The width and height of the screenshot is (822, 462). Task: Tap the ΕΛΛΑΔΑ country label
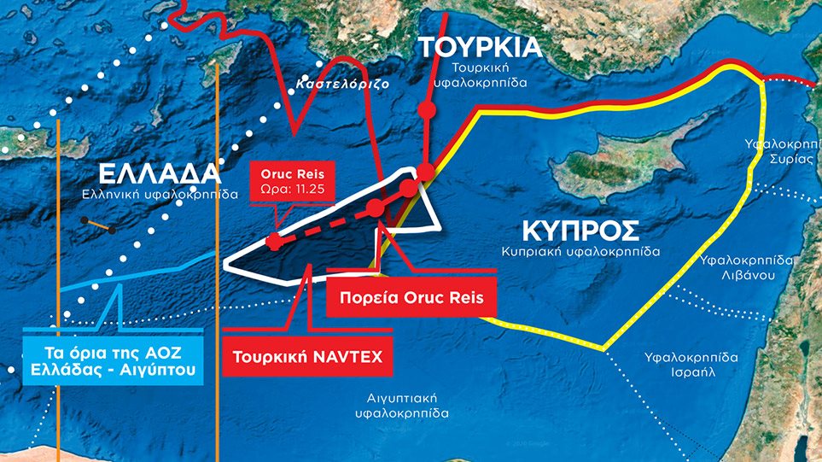tap(160, 173)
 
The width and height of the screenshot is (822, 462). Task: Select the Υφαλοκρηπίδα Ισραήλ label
tap(692, 365)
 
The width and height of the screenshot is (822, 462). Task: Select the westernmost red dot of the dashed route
tap(273, 242)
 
